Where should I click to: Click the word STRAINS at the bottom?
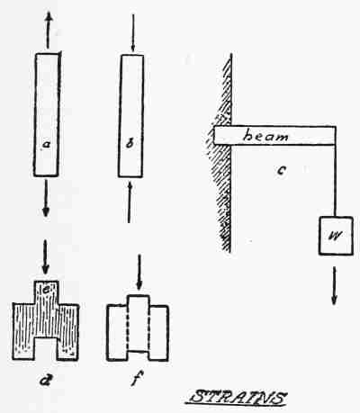coord(238,397)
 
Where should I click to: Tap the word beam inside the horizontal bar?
coord(265,136)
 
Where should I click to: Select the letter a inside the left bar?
coord(46,145)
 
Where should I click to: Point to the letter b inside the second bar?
coord(130,144)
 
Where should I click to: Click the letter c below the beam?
coord(282,170)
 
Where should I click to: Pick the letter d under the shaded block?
coord(45,380)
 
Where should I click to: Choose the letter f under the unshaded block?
coord(137,379)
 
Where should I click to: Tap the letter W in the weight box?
coord(336,236)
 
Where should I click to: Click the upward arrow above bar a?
coord(48,30)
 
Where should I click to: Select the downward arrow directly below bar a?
coord(46,198)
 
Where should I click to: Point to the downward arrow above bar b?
coord(133,32)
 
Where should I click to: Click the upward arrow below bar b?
coord(130,202)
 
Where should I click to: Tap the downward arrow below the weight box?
coord(334,286)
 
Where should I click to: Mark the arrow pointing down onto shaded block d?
coord(45,256)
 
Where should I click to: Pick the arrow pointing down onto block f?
coord(139,272)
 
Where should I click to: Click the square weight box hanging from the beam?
coord(336,236)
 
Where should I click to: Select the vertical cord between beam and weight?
coord(335,181)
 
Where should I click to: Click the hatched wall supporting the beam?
coord(223,153)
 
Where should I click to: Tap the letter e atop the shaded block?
coord(48,290)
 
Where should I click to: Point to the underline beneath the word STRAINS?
coord(236,406)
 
